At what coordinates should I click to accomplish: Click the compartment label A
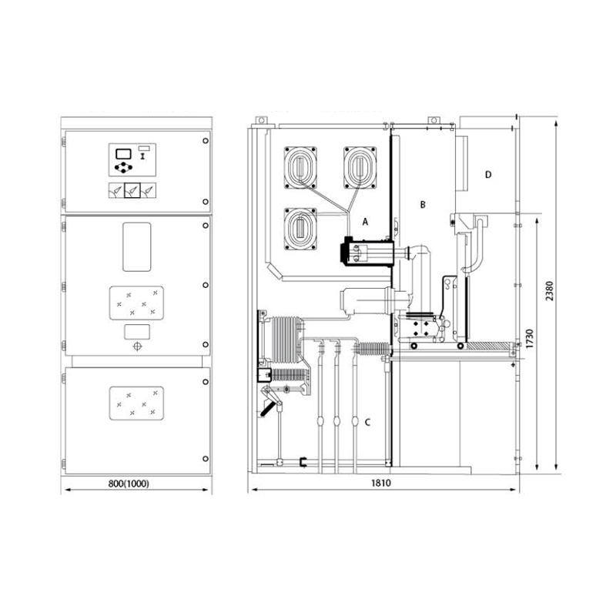coord(367,221)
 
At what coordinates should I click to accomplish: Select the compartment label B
coord(422,204)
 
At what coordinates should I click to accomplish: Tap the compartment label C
coord(367,422)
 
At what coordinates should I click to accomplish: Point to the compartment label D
coord(488,175)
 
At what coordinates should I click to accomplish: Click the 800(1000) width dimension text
coord(129,484)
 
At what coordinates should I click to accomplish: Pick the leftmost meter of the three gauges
coord(114,191)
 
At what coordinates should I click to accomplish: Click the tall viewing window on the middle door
coord(136,246)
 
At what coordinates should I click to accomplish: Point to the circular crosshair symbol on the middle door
coord(137,347)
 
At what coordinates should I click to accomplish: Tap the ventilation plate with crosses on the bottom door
coord(136,403)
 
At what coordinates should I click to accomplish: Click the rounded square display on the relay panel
coord(122,151)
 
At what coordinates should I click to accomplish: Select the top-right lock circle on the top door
coord(206,142)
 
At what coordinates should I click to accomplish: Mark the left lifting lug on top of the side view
coord(262,121)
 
